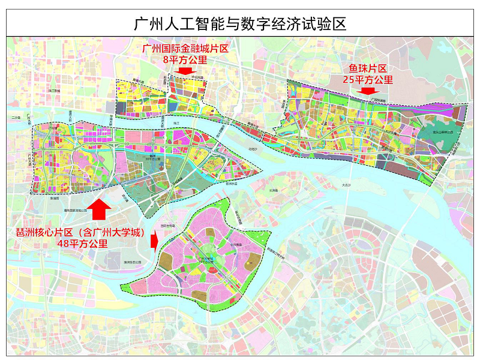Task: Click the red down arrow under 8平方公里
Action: (185, 70)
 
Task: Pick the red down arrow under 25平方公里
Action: (367, 91)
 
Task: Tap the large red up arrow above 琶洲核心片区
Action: (97, 210)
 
